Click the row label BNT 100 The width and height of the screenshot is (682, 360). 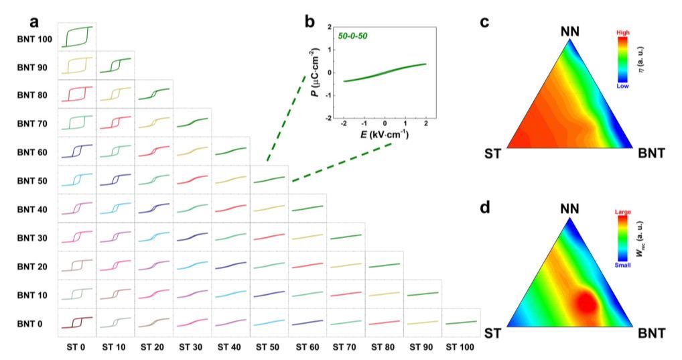[34, 39]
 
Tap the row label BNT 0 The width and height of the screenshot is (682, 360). [29, 323]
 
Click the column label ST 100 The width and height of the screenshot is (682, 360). [460, 347]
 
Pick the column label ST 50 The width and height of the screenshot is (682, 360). [269, 347]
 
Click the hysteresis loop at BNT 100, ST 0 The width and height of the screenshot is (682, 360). [77, 37]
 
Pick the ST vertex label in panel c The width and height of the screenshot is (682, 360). [492, 154]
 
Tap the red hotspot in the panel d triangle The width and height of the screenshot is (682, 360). [586, 302]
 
